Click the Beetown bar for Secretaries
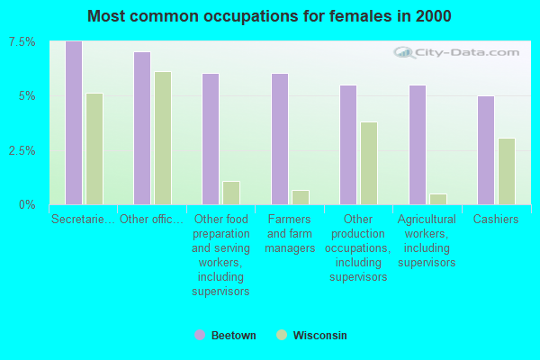coord(74,123)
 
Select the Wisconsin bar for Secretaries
coord(94,149)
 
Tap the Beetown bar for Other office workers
coord(142,129)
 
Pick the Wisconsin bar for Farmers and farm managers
coord(301,197)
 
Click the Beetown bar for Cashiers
coord(486,150)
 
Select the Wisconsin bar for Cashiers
coord(507,171)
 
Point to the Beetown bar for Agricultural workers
coord(418,145)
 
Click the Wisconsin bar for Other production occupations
coord(369,163)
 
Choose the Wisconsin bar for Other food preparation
coord(231,193)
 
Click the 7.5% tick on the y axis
coord(22,42)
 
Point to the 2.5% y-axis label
coord(22,150)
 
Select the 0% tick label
coord(28,204)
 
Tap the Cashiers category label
coord(496,219)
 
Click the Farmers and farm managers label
coord(290,233)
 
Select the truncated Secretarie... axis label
coord(83,219)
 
